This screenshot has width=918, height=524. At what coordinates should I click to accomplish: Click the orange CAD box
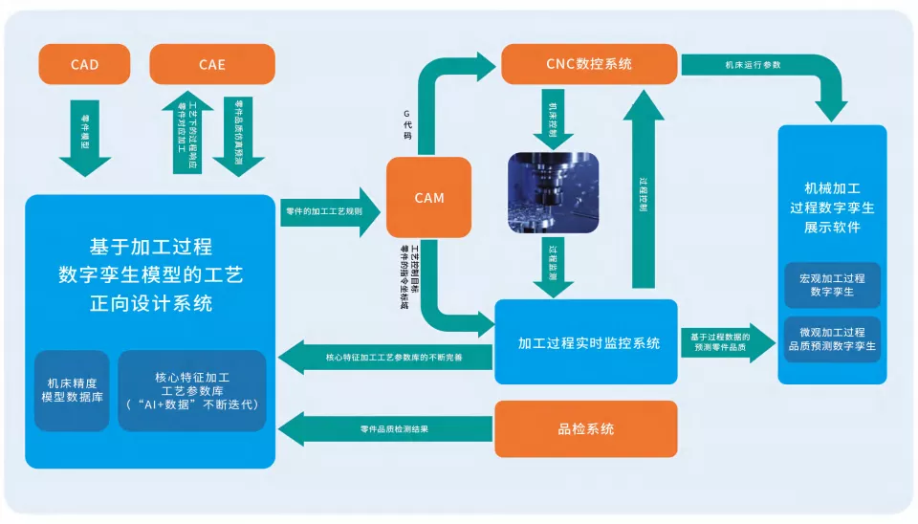pyautogui.click(x=84, y=64)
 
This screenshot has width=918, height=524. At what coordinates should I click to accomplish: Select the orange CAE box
pyautogui.click(x=212, y=64)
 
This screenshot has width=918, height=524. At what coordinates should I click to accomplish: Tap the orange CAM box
pyautogui.click(x=428, y=198)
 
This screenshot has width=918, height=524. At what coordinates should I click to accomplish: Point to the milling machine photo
pyautogui.click(x=553, y=192)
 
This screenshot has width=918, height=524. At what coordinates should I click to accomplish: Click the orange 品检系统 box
pyautogui.click(x=585, y=428)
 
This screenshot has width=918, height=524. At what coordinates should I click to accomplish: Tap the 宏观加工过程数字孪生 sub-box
pyautogui.click(x=832, y=285)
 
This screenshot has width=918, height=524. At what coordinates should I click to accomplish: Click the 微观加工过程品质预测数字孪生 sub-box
pyautogui.click(x=832, y=338)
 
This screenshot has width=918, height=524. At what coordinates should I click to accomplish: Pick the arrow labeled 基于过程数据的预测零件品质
pyautogui.click(x=727, y=342)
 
